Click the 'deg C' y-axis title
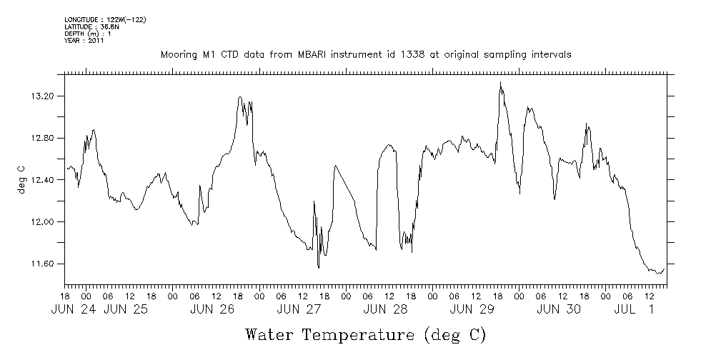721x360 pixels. click(x=21, y=180)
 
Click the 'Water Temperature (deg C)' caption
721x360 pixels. click(x=366, y=334)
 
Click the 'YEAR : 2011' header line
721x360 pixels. click(x=84, y=41)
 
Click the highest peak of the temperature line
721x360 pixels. click(x=501, y=82)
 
